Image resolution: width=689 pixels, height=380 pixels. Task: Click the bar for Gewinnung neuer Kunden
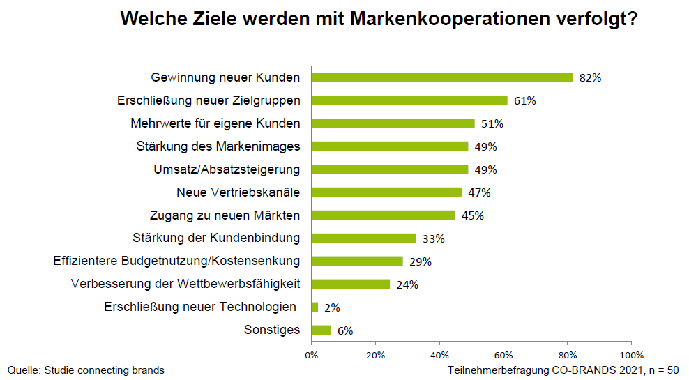[x=441, y=77]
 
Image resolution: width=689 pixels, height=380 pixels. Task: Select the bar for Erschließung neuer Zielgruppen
[x=409, y=100]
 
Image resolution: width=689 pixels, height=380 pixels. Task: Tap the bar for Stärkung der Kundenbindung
[x=363, y=238]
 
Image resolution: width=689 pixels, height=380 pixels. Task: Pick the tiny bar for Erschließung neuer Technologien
[x=315, y=307]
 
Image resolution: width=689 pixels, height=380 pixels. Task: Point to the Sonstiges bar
[x=321, y=330]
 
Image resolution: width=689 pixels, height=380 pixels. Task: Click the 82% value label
[x=590, y=77]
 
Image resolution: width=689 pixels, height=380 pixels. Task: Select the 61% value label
[x=524, y=100]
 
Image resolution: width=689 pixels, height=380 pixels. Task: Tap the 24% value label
[x=407, y=284]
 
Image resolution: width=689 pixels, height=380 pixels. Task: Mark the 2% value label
[x=332, y=307]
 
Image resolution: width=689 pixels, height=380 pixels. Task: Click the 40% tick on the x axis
[x=439, y=354]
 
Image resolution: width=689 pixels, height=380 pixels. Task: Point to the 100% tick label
[x=631, y=354]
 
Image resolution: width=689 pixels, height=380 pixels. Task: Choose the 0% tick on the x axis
[x=311, y=354]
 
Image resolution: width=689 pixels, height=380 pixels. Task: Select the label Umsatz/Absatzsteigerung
[x=227, y=169]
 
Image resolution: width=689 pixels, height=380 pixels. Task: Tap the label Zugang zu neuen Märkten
[x=225, y=215]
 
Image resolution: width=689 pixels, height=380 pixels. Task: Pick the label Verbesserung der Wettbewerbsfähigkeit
[x=185, y=284]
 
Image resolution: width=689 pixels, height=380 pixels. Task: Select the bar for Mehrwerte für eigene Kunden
[x=393, y=123]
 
